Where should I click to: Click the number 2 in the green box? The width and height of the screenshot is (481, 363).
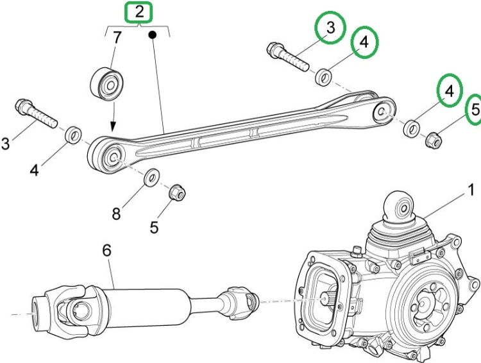139,12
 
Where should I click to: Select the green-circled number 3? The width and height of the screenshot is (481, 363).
330,28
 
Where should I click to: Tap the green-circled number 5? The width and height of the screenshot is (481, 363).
475,110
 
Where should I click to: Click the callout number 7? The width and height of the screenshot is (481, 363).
117,38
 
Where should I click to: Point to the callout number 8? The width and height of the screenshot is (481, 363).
116,214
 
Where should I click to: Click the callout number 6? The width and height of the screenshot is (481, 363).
106,251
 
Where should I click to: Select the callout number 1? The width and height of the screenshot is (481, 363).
470,190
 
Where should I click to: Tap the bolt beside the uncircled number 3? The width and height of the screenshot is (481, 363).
37,113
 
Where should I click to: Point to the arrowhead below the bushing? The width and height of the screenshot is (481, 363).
113,127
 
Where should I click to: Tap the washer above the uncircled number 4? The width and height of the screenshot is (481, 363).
74,135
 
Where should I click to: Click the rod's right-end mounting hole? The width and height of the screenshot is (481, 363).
382,113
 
